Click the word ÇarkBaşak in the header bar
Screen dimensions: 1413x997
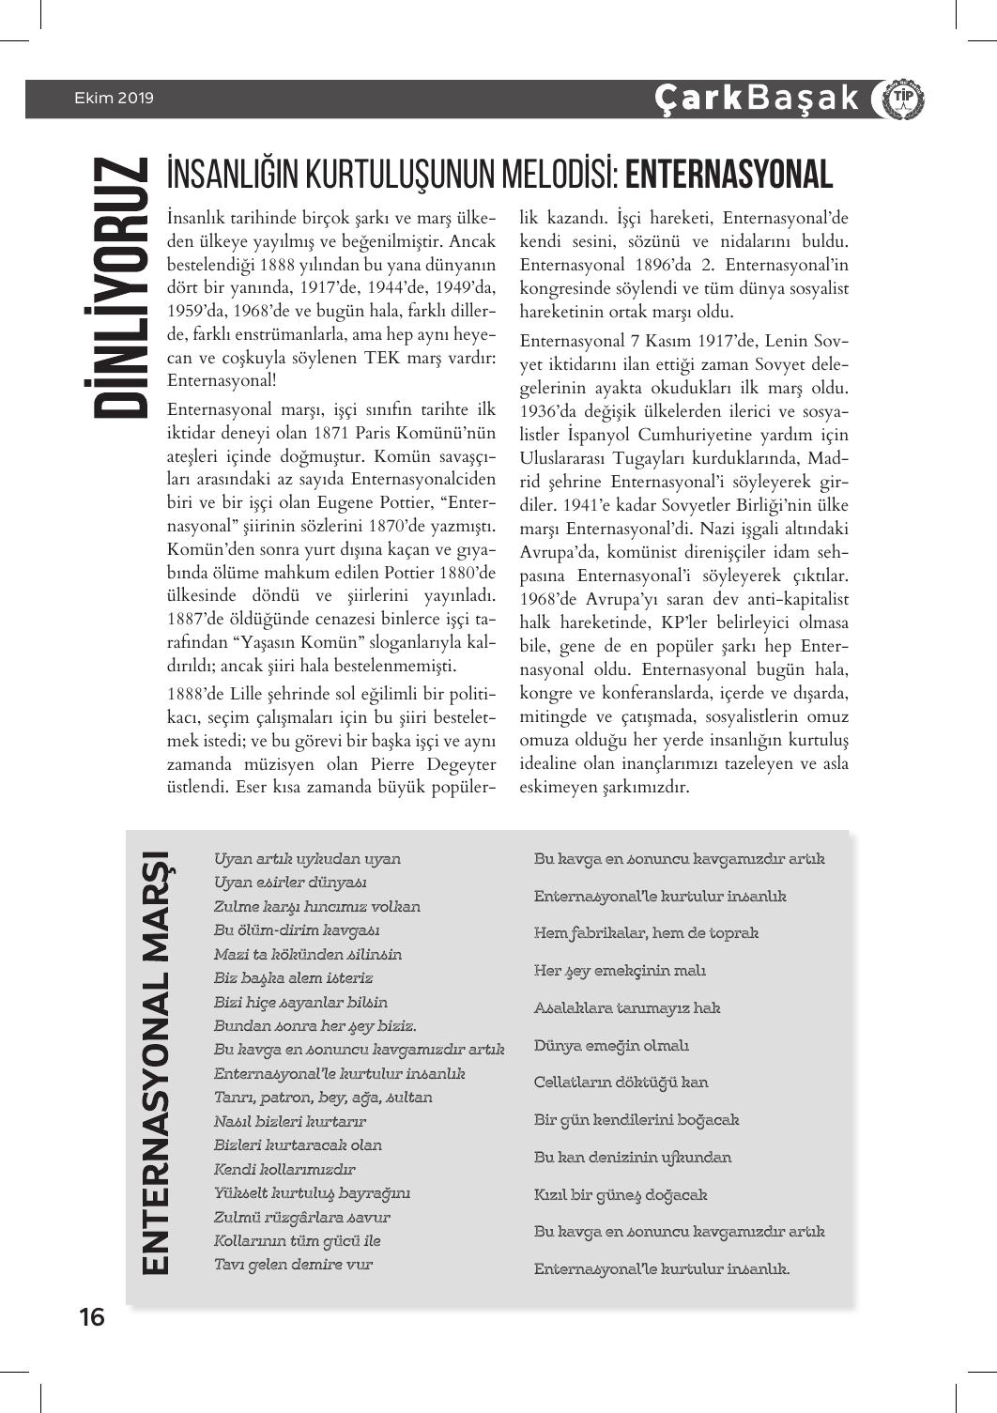(x=757, y=99)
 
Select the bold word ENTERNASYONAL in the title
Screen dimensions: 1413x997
(x=729, y=176)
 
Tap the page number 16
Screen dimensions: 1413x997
(x=91, y=1317)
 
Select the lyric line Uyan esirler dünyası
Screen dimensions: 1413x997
(x=290, y=883)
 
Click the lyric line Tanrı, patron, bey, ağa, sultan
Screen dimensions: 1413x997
(x=323, y=1097)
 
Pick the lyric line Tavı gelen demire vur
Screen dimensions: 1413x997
(x=293, y=1264)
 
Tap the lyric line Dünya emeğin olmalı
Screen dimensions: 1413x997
(x=611, y=1045)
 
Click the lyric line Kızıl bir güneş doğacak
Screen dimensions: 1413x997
(x=620, y=1195)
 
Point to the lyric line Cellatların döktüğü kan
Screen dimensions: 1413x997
(x=621, y=1083)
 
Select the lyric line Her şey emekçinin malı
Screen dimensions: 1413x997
(x=620, y=971)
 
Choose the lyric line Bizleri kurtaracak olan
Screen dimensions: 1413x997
(x=298, y=1144)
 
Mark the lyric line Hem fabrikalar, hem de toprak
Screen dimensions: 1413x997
(x=646, y=933)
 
